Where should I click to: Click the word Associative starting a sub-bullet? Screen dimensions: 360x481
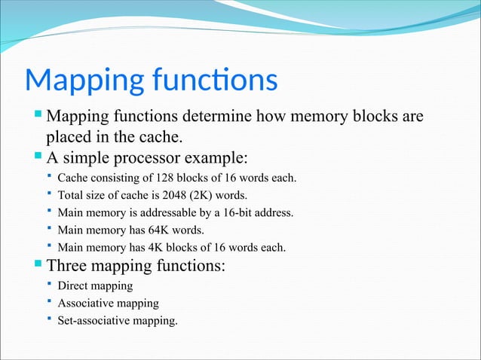[86, 304]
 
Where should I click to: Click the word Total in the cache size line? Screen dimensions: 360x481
[72, 195]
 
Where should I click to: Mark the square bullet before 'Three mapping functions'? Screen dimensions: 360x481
[39, 264]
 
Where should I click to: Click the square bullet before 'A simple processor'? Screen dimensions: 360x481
[39, 157]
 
